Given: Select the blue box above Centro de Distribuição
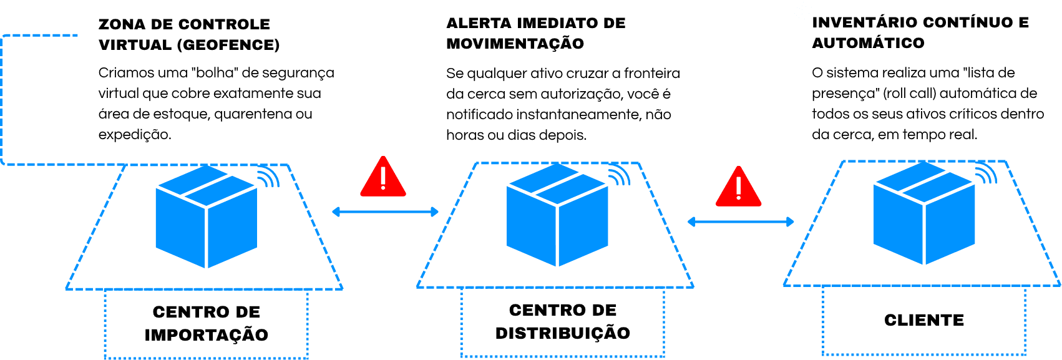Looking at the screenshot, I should pos(557,215).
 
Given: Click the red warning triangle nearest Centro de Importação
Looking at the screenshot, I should pos(383,177).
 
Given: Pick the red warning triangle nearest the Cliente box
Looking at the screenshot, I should pos(739,187).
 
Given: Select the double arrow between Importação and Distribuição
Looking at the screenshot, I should pos(385,213).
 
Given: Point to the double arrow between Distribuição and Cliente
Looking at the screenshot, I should pos(740,221).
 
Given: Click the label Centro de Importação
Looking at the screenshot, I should pos(206,323).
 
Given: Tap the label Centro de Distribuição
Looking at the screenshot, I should pos(563,321).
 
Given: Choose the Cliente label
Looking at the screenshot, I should pos(924,320).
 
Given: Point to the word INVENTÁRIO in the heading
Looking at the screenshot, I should pos(864,22).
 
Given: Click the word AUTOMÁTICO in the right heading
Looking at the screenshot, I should pos(868,43).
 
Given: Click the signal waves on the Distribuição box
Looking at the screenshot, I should pos(620,176).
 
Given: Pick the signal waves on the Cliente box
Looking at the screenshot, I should pos(986,174).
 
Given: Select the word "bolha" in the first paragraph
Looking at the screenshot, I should pos(216,73).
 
